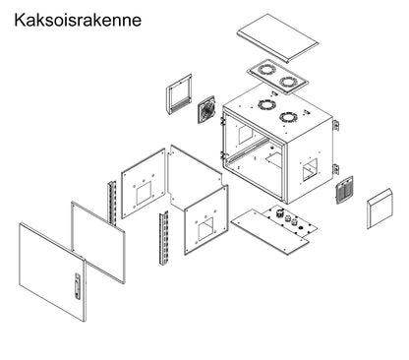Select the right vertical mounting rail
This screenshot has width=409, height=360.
point(162,241)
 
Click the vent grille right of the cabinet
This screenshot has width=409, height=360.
point(344,192)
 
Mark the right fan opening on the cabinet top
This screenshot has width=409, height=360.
point(288,117)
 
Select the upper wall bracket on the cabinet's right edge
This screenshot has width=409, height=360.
point(335,124)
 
